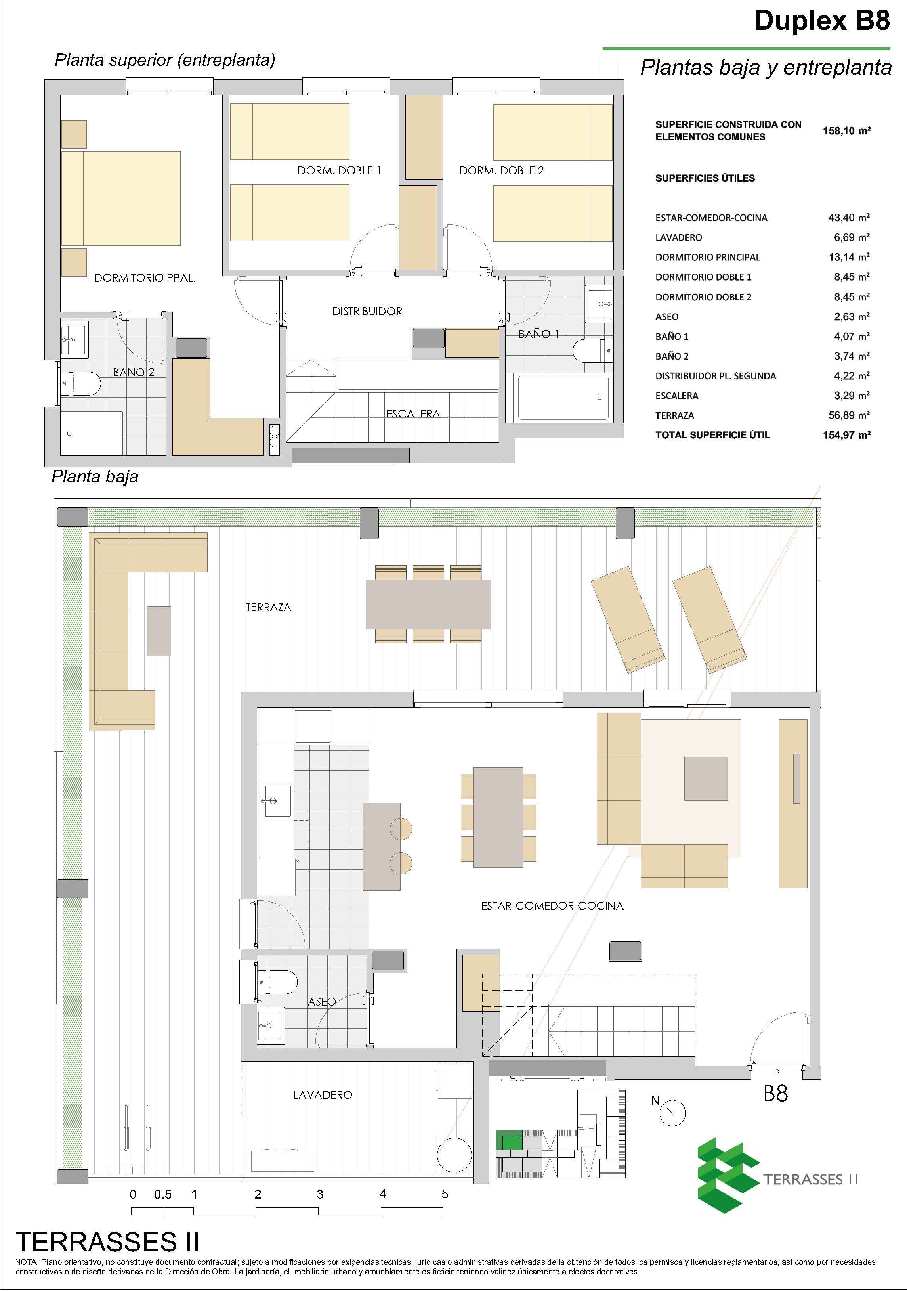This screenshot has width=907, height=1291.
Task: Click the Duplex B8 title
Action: (x=822, y=21)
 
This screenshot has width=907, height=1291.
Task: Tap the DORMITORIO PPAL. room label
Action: (x=145, y=278)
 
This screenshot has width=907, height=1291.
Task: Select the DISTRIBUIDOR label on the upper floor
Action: (x=367, y=311)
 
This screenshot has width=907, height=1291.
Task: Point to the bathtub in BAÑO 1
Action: (x=563, y=398)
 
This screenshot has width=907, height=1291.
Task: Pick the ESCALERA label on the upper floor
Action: (x=413, y=414)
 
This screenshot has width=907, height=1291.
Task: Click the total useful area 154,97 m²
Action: (x=847, y=435)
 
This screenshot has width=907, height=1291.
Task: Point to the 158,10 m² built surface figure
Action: (x=847, y=131)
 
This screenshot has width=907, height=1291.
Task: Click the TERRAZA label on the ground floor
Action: (x=269, y=607)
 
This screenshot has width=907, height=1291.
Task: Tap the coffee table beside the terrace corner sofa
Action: (x=159, y=631)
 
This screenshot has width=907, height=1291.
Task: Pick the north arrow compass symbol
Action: (x=672, y=1111)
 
